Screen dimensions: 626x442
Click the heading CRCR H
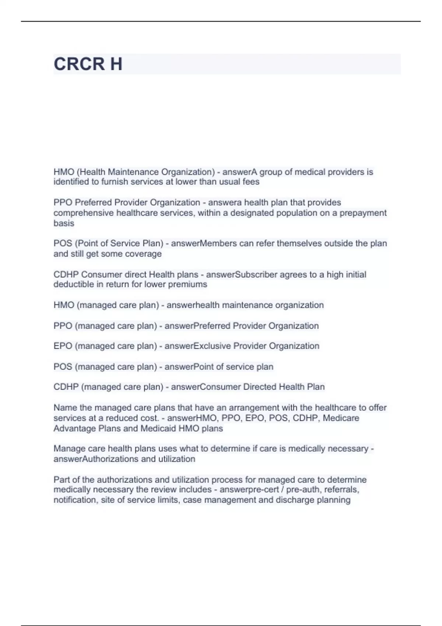[88, 64]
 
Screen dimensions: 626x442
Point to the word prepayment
[363, 213]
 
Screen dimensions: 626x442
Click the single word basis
[64, 224]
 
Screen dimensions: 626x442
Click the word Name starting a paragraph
[65, 408]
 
